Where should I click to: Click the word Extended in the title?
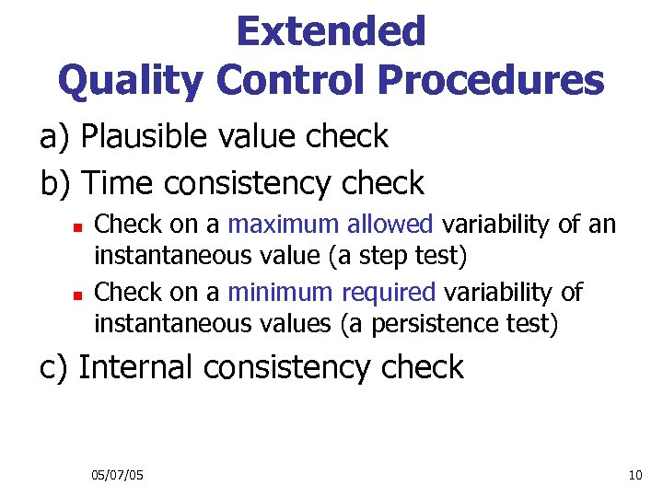pos(331,31)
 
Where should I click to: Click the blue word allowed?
pos(393,225)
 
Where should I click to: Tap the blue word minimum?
pos(282,293)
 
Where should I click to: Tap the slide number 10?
pos(634,475)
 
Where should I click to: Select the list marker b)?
pos(56,183)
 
